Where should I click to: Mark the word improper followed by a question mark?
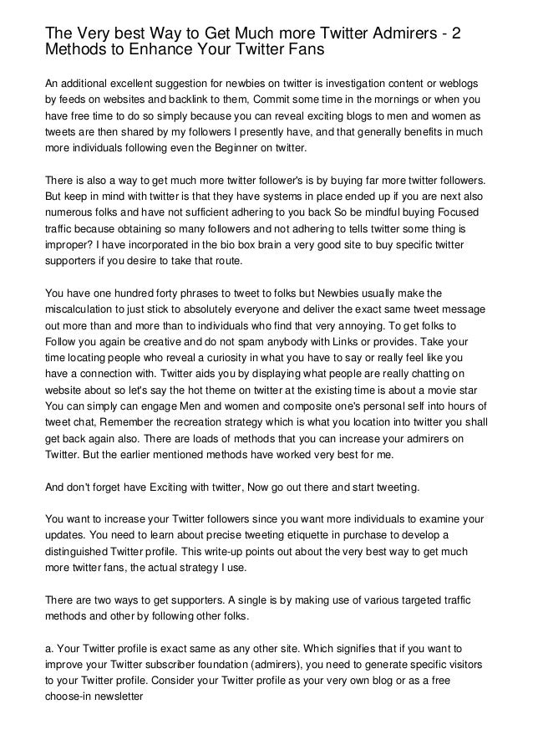70,246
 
